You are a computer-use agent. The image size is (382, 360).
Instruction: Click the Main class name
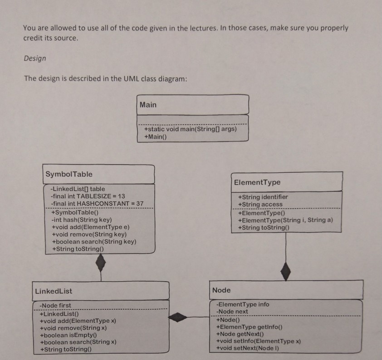(x=148, y=105)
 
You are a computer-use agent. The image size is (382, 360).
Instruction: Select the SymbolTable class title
(x=69, y=174)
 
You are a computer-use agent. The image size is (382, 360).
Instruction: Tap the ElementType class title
(x=257, y=182)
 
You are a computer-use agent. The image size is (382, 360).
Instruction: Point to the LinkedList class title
(x=54, y=291)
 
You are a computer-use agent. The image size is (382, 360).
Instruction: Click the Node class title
(x=221, y=290)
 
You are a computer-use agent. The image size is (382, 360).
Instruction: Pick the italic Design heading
(x=35, y=58)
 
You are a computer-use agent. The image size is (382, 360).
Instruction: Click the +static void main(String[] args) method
(x=190, y=129)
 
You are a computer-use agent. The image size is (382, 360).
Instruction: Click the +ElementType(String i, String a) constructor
(x=285, y=220)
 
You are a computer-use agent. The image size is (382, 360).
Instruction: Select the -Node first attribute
(x=55, y=305)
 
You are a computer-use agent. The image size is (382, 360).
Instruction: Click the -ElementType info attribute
(x=243, y=304)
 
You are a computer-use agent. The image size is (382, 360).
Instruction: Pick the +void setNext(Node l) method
(x=248, y=348)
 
